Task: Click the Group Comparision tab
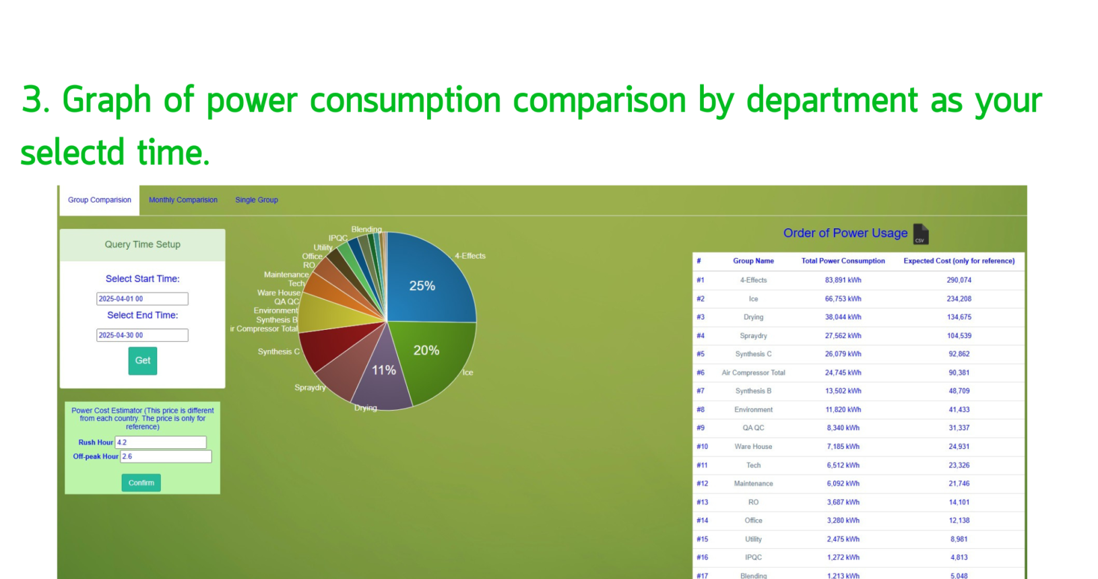100,200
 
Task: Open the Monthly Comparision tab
183,200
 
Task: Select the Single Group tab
257,200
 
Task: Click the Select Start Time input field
142,299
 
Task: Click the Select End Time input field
142,335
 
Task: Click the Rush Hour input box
161,442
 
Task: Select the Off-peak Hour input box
166,456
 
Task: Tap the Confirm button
141,483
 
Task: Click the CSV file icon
921,234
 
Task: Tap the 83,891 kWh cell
843,280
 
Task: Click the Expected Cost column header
959,261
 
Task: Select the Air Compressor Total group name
753,373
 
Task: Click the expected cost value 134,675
959,317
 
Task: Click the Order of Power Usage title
845,233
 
